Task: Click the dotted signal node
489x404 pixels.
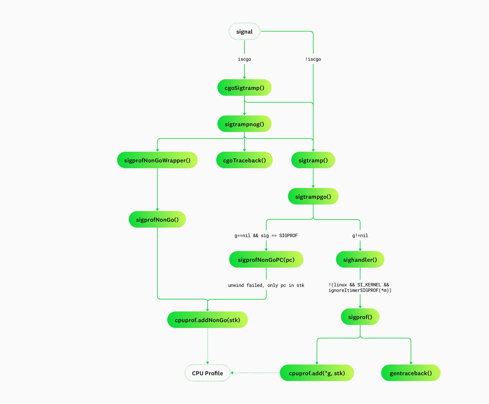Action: click(x=244, y=31)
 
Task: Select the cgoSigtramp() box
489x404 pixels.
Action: click(x=244, y=88)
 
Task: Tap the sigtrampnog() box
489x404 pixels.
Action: click(x=244, y=124)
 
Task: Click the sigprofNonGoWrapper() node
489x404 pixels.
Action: click(x=157, y=160)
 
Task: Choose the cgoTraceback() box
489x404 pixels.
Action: click(x=244, y=160)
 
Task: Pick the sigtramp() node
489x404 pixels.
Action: click(x=313, y=160)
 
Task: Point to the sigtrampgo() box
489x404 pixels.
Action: click(x=313, y=197)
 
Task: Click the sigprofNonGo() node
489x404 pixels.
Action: click(x=157, y=220)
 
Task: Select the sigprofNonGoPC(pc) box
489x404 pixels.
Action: click(x=266, y=260)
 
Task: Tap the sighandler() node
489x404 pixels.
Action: click(x=360, y=260)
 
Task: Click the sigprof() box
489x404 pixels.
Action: click(x=360, y=317)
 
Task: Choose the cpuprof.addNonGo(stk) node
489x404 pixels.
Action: click(x=207, y=320)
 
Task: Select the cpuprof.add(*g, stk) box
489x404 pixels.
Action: click(x=317, y=373)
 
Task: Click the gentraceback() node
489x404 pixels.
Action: click(x=410, y=373)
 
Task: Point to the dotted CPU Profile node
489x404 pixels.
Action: click(x=207, y=373)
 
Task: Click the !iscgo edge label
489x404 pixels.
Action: click(x=313, y=59)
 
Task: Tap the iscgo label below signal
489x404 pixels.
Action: click(x=244, y=59)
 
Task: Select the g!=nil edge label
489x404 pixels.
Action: click(x=360, y=236)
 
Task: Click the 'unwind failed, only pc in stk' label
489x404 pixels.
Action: click(x=266, y=286)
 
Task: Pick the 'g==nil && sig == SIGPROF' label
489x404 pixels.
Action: click(x=266, y=236)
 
